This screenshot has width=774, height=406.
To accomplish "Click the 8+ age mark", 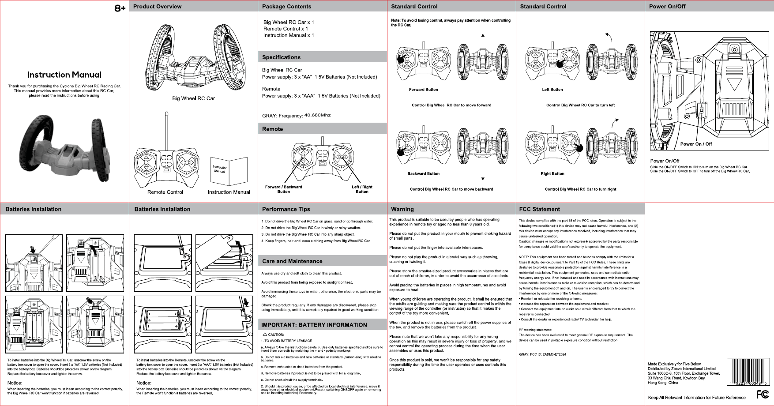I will tap(120, 8).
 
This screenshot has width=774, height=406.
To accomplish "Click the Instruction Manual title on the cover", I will tap(64, 75).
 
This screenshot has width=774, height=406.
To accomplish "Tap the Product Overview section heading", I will tap(157, 7).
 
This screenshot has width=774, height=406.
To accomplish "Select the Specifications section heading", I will tap(281, 57).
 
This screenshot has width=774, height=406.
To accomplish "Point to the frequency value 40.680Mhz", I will tap(317, 115).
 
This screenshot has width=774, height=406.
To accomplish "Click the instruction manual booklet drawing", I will tap(229, 171).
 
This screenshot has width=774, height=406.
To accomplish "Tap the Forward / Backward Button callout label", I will tap(283, 189).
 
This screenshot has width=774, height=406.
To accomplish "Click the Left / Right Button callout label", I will tap(362, 189).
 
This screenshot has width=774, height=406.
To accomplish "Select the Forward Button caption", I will tap(423, 90).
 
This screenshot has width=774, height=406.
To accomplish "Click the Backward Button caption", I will tap(423, 173).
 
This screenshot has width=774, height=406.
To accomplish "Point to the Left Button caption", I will tap(552, 90).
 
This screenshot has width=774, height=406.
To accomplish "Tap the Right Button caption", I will tap(552, 173).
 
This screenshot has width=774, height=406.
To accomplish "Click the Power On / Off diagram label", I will tap(696, 144).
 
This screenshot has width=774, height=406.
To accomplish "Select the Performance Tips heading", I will tap(286, 209).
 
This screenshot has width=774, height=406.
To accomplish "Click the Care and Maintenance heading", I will tap(292, 261).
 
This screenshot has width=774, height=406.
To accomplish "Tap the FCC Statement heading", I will tap(539, 209).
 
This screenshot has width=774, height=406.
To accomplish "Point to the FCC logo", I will tap(762, 394).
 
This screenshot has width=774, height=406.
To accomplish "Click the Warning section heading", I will tap(402, 209).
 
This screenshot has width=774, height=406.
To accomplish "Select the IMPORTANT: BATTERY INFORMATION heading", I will tap(314, 325).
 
